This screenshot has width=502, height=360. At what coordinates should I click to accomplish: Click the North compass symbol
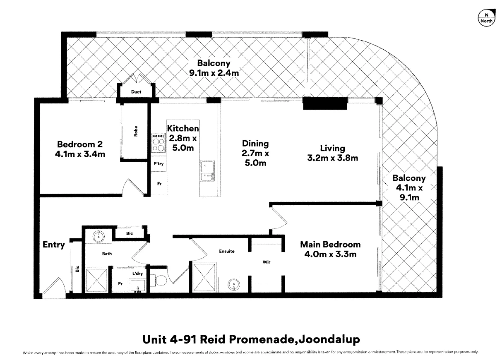(x=486, y=18)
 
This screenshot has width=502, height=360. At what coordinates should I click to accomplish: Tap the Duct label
(x=136, y=92)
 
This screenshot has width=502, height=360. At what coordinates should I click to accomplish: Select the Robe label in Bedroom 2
(x=136, y=131)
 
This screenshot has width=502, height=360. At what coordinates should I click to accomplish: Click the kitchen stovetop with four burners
(x=159, y=142)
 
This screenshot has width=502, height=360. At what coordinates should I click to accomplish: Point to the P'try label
(x=159, y=164)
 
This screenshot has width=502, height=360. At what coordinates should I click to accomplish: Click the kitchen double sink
(x=207, y=171)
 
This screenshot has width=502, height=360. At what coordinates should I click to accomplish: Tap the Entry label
(x=53, y=245)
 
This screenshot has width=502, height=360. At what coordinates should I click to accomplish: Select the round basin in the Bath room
(x=98, y=236)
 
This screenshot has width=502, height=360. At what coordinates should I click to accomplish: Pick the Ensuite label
(x=227, y=251)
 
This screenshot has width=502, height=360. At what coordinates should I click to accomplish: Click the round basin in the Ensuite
(x=234, y=285)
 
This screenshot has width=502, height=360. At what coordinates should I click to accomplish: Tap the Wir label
(x=267, y=262)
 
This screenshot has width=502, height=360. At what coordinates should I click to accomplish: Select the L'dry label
(x=137, y=273)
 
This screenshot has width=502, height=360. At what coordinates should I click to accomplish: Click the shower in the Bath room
(x=97, y=280)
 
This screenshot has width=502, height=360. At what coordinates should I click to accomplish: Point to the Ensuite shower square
(x=204, y=277)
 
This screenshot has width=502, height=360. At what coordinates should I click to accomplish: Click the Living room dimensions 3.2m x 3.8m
(x=333, y=158)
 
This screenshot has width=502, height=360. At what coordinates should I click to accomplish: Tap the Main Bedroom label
(x=330, y=245)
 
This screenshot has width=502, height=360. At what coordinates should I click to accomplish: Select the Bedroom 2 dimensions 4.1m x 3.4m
(x=80, y=154)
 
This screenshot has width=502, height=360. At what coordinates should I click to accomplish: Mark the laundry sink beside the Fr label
(x=137, y=286)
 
